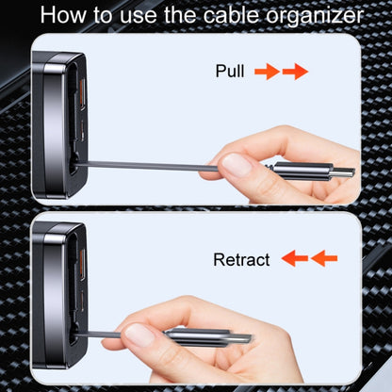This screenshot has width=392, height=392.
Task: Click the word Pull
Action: coord(230,72)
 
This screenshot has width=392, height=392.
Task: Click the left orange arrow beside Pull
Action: coord(267,72)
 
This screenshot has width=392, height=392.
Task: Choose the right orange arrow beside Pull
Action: coord(295,72)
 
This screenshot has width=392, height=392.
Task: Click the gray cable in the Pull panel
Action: coord(151,165)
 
